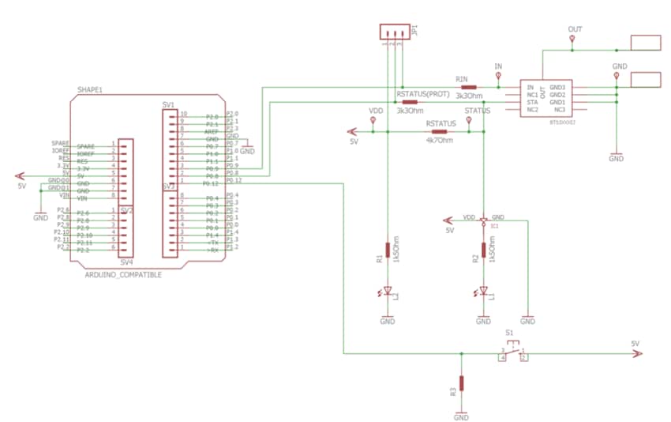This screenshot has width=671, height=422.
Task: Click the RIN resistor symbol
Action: click(469, 87)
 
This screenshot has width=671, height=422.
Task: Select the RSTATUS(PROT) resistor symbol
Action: click(409, 102)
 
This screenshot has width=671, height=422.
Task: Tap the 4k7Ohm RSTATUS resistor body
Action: click(439, 132)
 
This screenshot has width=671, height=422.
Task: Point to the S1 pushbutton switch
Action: click(513, 354)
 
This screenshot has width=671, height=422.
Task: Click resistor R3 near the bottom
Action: click(462, 383)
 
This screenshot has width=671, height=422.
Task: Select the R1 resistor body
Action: click(388, 251)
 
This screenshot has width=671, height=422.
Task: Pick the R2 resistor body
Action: click(483, 251)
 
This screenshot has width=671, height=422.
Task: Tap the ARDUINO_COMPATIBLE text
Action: click(122, 274)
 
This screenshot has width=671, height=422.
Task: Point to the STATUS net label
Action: click(478, 111)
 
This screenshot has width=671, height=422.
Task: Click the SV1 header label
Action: click(167, 104)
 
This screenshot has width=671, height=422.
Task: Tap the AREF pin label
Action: click(212, 132)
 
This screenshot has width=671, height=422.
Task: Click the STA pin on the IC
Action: click(531, 102)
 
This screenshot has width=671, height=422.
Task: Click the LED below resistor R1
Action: click(388, 292)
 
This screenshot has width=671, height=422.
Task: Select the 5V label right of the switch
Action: click(635, 344)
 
